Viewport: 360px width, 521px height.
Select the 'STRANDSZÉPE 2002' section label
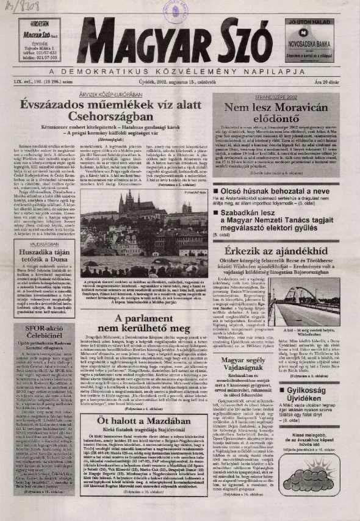(x=269, y=96)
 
